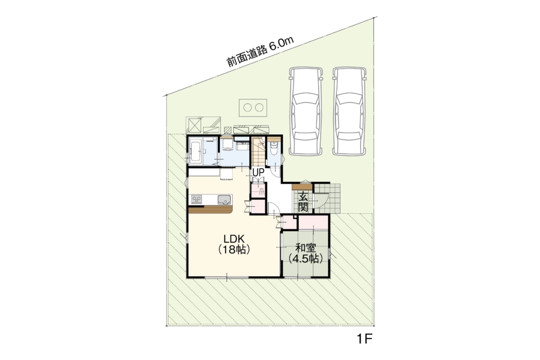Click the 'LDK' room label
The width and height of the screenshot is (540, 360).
coord(234,239)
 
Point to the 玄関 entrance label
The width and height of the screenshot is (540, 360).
coord(303,201)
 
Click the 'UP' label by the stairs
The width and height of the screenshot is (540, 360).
coord(258,172)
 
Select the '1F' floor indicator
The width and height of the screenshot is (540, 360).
coord(365,340)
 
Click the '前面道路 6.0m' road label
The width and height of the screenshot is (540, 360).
coord(260,52)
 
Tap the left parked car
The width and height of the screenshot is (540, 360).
coord(306,111)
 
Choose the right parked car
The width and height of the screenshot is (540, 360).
coord(349,111)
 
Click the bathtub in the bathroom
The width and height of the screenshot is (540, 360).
coord(196,152)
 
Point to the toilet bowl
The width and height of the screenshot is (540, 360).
coord(274,150)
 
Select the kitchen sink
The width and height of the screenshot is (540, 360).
coord(225,199)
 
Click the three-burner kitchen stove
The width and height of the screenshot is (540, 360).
coord(197,199)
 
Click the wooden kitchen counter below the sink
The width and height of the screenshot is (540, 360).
coord(211,210)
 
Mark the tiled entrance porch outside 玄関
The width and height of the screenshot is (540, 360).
coord(327,198)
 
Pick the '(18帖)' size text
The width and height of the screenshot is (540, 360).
coord(234,250)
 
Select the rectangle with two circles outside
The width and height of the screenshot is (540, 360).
coord(253,108)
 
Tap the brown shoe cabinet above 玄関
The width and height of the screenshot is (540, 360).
coord(302,188)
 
